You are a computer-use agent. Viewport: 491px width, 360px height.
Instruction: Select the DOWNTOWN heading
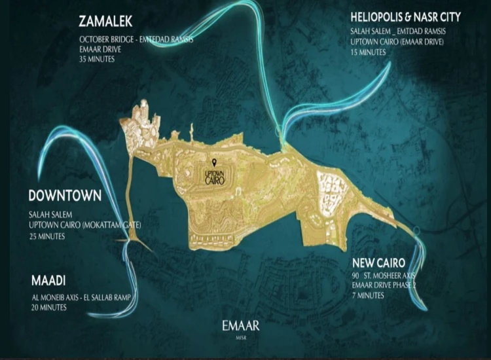65,196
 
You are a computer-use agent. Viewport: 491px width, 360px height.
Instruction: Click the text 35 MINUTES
98,59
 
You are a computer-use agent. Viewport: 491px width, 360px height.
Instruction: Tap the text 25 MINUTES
46,236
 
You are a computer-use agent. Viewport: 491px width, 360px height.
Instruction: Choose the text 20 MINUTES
48,307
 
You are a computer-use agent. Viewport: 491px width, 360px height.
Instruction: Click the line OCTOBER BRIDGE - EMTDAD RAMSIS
136,39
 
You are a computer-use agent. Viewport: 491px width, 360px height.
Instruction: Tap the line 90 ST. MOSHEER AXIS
386,276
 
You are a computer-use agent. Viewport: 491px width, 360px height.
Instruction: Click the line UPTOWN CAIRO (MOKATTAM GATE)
85,225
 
